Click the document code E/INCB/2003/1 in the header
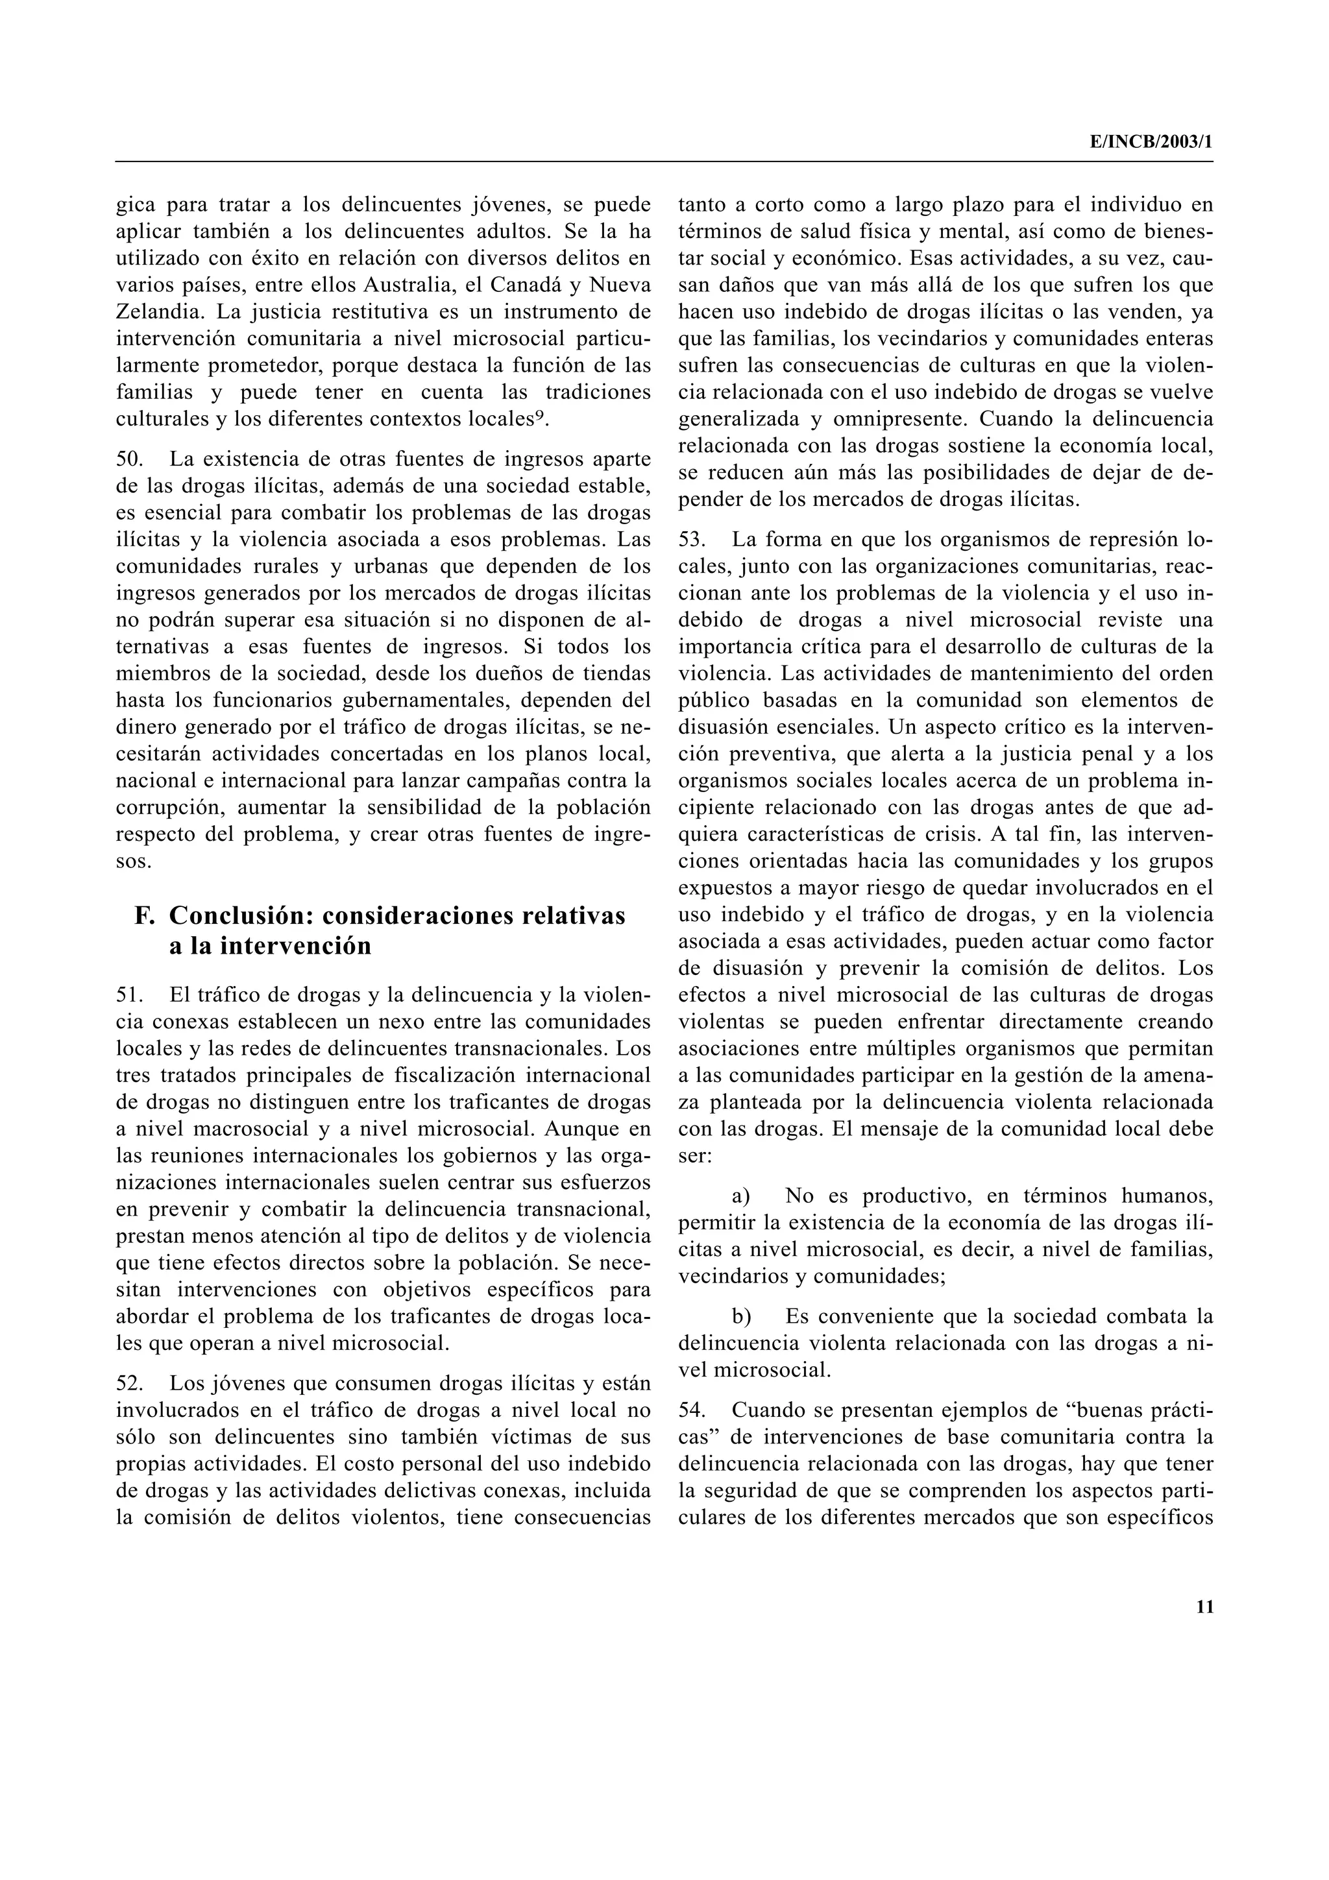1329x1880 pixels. tap(1150, 141)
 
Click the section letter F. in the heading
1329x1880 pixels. tap(144, 915)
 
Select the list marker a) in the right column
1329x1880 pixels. tap(741, 1196)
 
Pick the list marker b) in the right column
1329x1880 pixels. tap(741, 1317)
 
